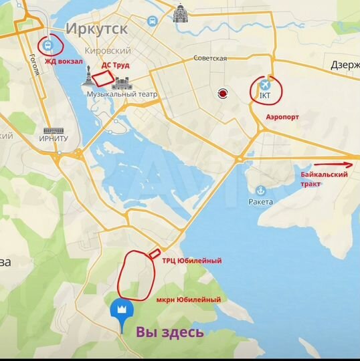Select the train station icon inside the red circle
48,46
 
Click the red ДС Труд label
115,66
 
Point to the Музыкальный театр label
122,95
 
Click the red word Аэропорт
282,116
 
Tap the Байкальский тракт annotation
324,178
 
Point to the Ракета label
262,201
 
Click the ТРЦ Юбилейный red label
191,261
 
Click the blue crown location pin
122,311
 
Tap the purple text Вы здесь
171,332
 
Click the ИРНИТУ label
54,138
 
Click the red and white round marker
221,94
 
